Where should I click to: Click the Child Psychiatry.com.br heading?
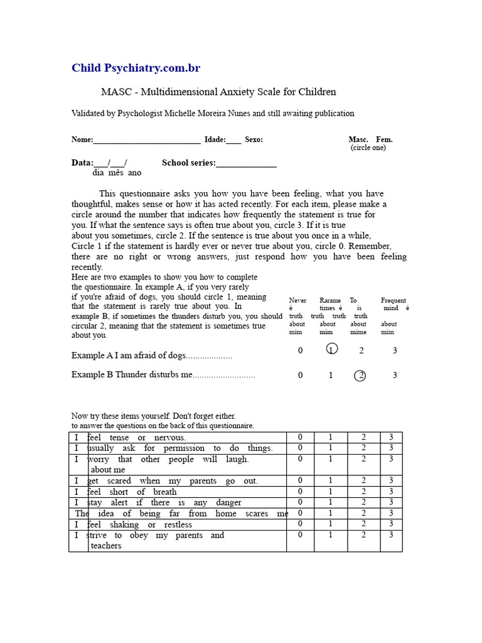coord(136,68)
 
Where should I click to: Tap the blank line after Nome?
coord(147,140)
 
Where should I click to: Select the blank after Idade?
coord(233,140)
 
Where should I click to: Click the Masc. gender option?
coord(358,139)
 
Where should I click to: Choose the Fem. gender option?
coord(384,139)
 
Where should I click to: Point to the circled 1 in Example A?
coord(332,349)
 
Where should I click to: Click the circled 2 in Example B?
coord(360,376)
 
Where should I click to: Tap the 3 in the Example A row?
coord(395,350)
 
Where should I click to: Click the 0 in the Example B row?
coord(301,376)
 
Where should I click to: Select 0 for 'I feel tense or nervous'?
coord(301,437)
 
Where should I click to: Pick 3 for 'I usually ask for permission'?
coord(391,448)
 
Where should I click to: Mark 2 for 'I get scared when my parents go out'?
coord(363,480)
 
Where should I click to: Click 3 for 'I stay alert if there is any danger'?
coord(391,502)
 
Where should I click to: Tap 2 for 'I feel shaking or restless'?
coord(363,524)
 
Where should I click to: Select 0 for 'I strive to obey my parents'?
coord(301,535)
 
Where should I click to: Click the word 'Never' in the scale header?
coord(297,301)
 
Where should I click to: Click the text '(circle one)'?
coord(368,148)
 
